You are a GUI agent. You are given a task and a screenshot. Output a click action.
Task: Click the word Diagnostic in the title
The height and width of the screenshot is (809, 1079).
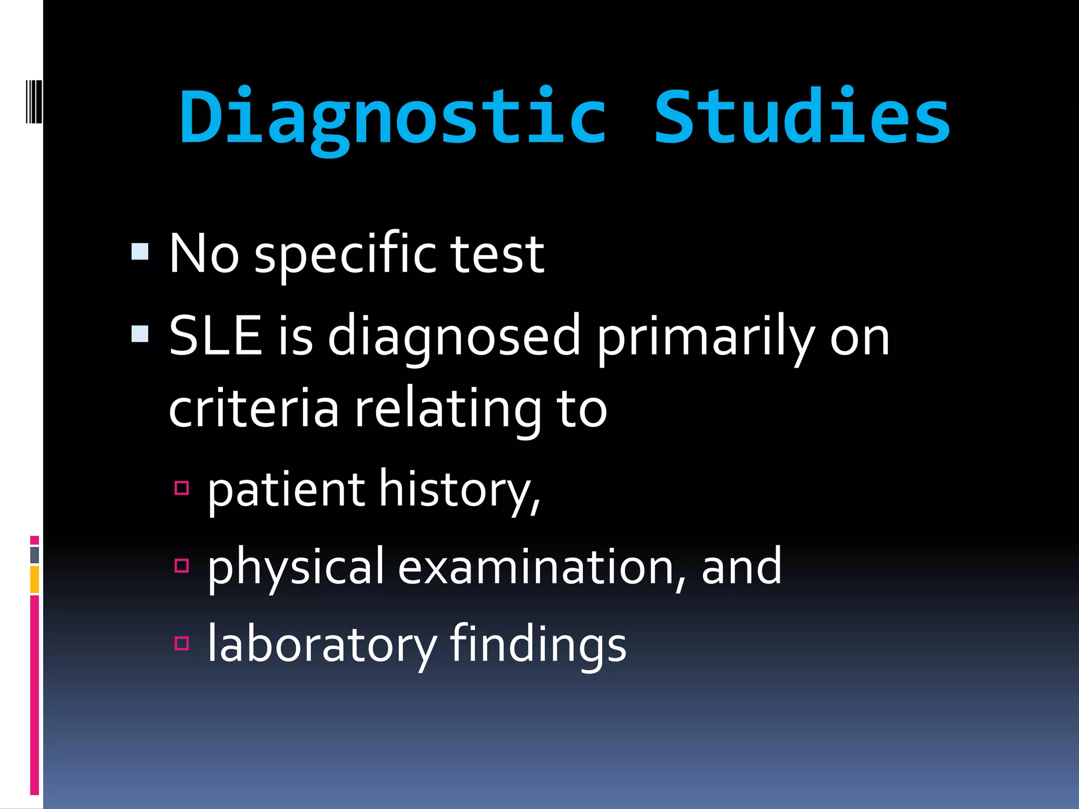(393, 117)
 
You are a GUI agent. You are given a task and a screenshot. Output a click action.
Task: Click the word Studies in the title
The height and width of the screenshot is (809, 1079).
(802, 117)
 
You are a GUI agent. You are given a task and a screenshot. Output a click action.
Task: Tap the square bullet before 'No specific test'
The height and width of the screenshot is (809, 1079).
(140, 252)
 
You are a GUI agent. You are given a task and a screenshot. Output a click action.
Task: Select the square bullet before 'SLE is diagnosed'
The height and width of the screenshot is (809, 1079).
(140, 333)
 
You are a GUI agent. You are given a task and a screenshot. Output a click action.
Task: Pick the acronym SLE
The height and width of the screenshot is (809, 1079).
(215, 336)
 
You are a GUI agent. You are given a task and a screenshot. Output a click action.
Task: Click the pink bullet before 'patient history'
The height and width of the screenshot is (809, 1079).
(182, 488)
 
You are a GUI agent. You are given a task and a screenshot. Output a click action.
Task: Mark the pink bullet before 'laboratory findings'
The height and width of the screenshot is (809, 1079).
(182, 643)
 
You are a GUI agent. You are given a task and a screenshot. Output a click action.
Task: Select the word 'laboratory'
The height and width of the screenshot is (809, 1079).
(321, 644)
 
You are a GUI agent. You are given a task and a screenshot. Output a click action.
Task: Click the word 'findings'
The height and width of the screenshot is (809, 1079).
(538, 644)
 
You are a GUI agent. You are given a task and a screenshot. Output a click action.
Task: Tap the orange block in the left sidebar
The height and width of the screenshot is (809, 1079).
(34, 579)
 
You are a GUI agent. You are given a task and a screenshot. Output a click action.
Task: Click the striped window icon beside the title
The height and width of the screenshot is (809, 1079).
(34, 101)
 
